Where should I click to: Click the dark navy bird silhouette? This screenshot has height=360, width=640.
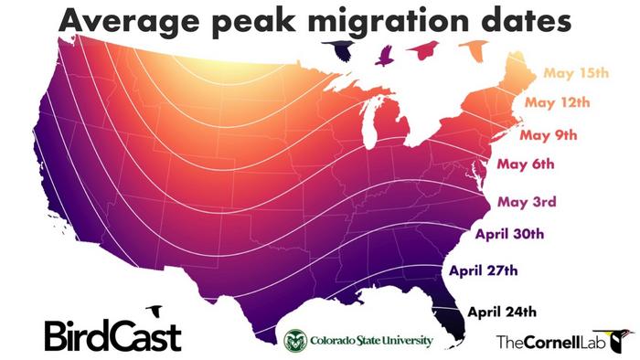pos(344,51)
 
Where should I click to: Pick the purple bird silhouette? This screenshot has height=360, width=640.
pos(384,54)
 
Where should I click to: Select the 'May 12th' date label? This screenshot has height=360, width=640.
pos(556,104)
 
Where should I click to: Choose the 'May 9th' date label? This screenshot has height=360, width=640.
pos(549,135)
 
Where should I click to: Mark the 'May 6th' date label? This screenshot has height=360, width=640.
pos(527,166)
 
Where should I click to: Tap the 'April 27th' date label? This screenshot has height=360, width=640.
pos(485,270)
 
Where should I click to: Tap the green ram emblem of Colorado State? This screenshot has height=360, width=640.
pos(295,341)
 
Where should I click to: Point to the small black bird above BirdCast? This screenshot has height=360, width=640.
pos(155,312)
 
